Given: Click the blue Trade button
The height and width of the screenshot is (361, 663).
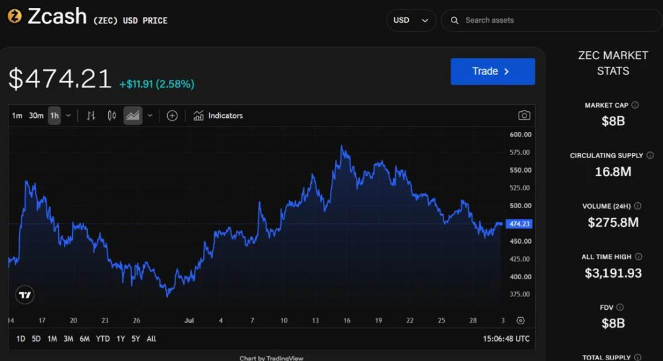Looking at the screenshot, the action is coord(493,72).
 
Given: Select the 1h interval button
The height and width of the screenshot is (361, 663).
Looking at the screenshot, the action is coord(55,116).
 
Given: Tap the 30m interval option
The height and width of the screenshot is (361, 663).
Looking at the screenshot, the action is coord(36,116).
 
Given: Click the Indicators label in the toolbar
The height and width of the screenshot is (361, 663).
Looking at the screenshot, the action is coord(225,116).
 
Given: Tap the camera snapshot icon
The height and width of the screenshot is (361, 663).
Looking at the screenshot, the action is coord(524,115).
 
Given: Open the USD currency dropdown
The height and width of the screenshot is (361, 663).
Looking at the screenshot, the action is coord(411,20).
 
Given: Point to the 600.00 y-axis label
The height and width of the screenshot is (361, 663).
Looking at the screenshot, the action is coord(521,135).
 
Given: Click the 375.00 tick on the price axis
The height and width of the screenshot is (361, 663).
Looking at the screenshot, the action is coord(520,294).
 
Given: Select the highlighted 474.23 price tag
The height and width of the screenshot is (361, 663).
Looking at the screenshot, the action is coord(519,224).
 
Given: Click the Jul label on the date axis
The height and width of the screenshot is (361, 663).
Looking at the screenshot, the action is coord(189,320).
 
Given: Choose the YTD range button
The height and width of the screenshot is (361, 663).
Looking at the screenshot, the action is coord(103,339).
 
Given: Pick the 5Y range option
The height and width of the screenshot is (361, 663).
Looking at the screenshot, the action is coord(136,339).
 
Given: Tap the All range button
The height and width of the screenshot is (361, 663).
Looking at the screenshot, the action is coord(151,339).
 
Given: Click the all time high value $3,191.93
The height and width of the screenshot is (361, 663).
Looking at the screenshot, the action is coord(613,273).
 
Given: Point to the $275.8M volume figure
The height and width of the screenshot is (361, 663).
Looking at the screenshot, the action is coord(613,223).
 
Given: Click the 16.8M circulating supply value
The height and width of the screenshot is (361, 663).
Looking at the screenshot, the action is coord(613,172).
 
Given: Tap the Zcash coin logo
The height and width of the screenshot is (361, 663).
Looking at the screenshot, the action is coord(15,16).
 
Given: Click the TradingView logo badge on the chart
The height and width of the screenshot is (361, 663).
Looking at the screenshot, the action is coord(25,295).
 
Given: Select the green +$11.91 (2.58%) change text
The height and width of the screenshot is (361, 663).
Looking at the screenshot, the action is coord(157,84).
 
